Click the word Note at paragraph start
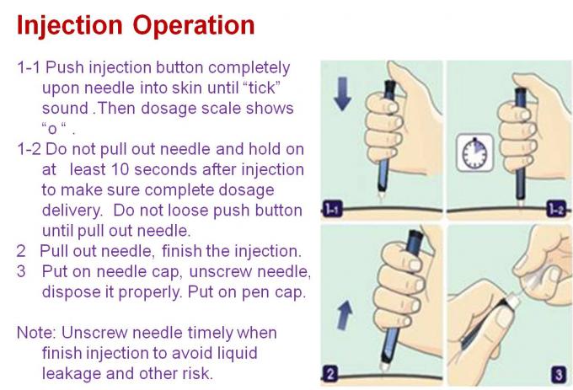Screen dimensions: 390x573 (35, 333)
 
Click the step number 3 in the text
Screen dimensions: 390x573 (21, 271)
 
